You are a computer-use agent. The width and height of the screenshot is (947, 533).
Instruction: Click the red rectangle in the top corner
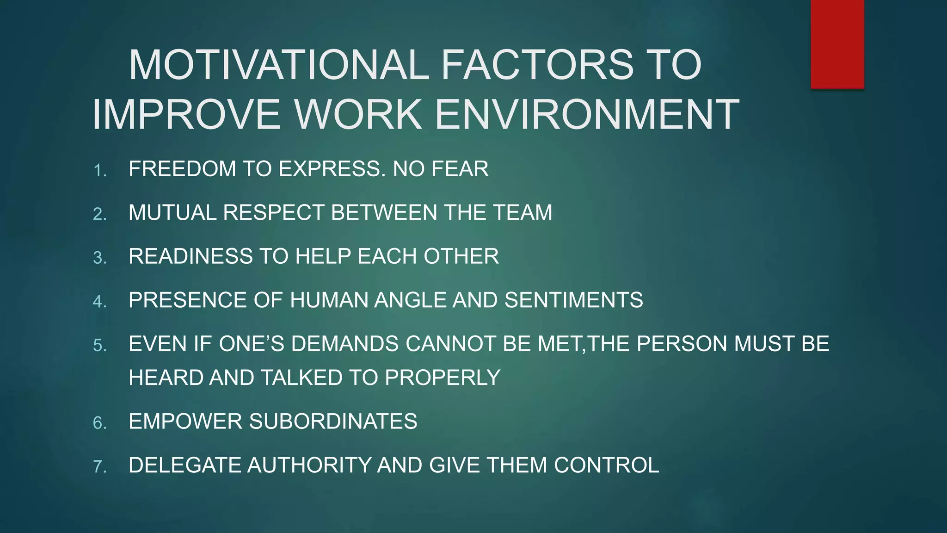[837, 44]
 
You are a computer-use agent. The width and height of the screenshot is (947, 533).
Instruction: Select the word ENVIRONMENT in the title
[587, 114]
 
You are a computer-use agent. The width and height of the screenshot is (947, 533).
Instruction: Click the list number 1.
[100, 171]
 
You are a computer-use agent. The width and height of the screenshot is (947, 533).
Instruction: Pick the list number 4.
[100, 302]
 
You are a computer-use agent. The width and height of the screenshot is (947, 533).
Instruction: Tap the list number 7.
[100, 466]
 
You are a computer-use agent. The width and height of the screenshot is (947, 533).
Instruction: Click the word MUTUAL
[172, 213]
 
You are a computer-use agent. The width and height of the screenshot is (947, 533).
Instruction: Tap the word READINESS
[191, 256]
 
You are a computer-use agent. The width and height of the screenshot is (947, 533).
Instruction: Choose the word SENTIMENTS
[573, 300]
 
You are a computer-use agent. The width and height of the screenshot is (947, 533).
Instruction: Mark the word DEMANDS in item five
[345, 344]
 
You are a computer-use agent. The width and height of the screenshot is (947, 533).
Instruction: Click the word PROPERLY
[443, 378]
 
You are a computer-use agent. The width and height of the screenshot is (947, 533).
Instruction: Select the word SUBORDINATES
[333, 421]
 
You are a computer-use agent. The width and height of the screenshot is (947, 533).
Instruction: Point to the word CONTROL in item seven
[607, 465]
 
